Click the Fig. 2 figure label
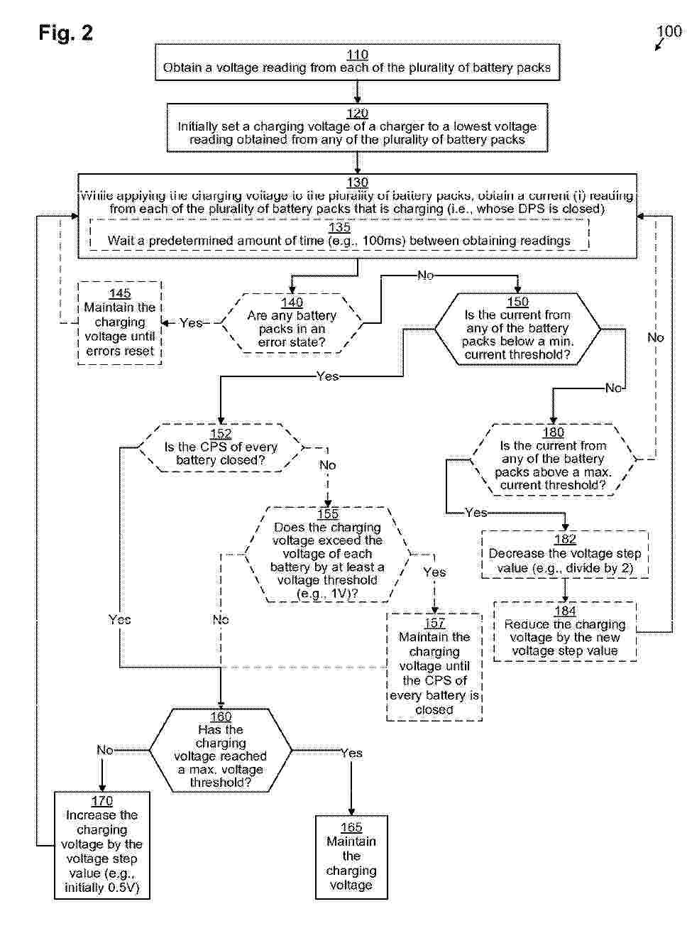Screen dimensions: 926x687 coord(66,33)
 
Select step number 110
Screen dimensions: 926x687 coord(357,55)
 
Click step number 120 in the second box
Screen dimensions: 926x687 coord(357,114)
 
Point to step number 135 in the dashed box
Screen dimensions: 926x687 coord(339,228)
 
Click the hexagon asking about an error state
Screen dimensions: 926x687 coord(292,323)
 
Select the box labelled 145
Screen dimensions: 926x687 coord(119,322)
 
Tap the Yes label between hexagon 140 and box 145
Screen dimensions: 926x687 coord(191,323)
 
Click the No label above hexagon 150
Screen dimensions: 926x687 coord(425,275)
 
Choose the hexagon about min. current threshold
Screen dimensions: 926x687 coord(517,328)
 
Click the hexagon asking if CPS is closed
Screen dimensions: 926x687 coord(221,447)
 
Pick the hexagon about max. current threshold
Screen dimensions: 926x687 coord(553,459)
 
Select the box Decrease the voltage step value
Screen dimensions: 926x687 coord(565,554)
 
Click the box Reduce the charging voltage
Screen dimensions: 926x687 coord(565,631)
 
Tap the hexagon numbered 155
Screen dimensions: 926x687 coord(327,554)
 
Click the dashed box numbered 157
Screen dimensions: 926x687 coord(434,666)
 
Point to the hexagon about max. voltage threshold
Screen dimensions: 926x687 coord(221,750)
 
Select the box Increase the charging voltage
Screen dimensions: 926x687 coord(102,844)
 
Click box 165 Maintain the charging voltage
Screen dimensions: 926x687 coord(351,856)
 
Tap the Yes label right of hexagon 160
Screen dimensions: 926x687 coord(351,753)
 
